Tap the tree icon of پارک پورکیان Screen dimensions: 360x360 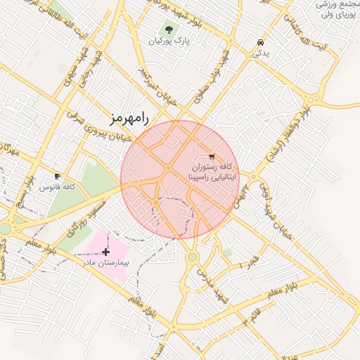click(x=168, y=30)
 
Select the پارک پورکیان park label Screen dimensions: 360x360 click(x=169, y=41)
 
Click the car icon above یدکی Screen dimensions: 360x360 click(x=262, y=41)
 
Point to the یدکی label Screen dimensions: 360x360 click(x=261, y=53)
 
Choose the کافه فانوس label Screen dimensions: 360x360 click(x=58, y=188)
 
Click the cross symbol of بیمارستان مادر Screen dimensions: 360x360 click(x=105, y=252)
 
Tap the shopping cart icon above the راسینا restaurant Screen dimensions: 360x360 click(x=212, y=157)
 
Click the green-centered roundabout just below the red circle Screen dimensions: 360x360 click(x=192, y=257)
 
